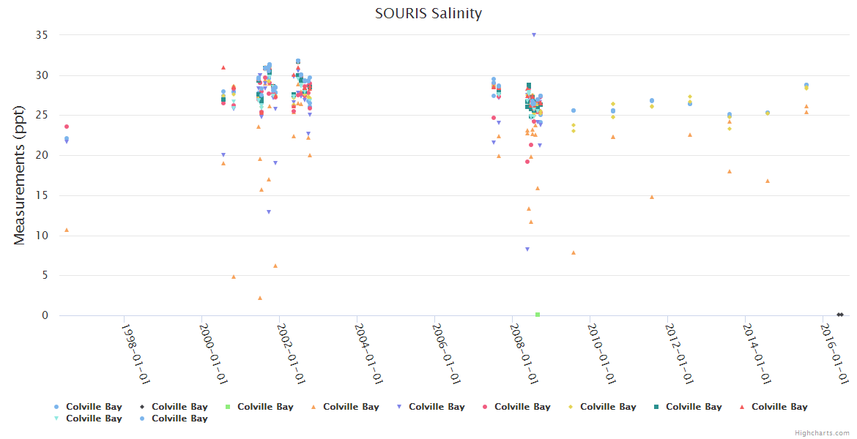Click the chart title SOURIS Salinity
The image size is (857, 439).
pyautogui.click(x=428, y=13)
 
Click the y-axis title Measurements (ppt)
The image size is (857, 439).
pyautogui.click(x=20, y=174)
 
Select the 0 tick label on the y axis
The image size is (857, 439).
pyautogui.click(x=45, y=315)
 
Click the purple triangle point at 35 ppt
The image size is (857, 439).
pyautogui.click(x=534, y=35)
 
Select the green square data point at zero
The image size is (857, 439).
pyautogui.click(x=538, y=315)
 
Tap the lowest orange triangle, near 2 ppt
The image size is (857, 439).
pyautogui.click(x=260, y=298)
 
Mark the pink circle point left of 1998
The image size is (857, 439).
pyautogui.click(x=67, y=127)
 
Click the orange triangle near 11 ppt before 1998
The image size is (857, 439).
pyautogui.click(x=67, y=230)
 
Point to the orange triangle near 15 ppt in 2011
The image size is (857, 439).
pyautogui.click(x=652, y=197)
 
